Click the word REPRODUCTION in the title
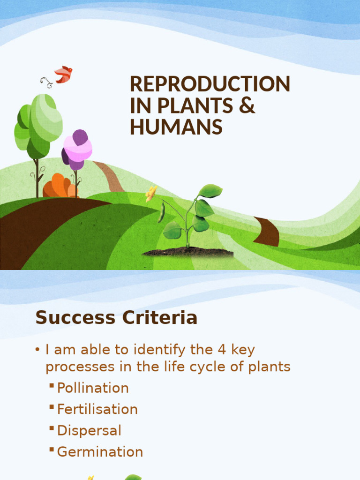(210, 84)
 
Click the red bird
(63, 74)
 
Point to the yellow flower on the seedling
(151, 193)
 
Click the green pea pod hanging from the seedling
(161, 212)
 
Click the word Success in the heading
(75, 318)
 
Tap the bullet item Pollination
(93, 388)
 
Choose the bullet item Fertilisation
(97, 409)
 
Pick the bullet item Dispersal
(89, 430)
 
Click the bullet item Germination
(100, 452)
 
